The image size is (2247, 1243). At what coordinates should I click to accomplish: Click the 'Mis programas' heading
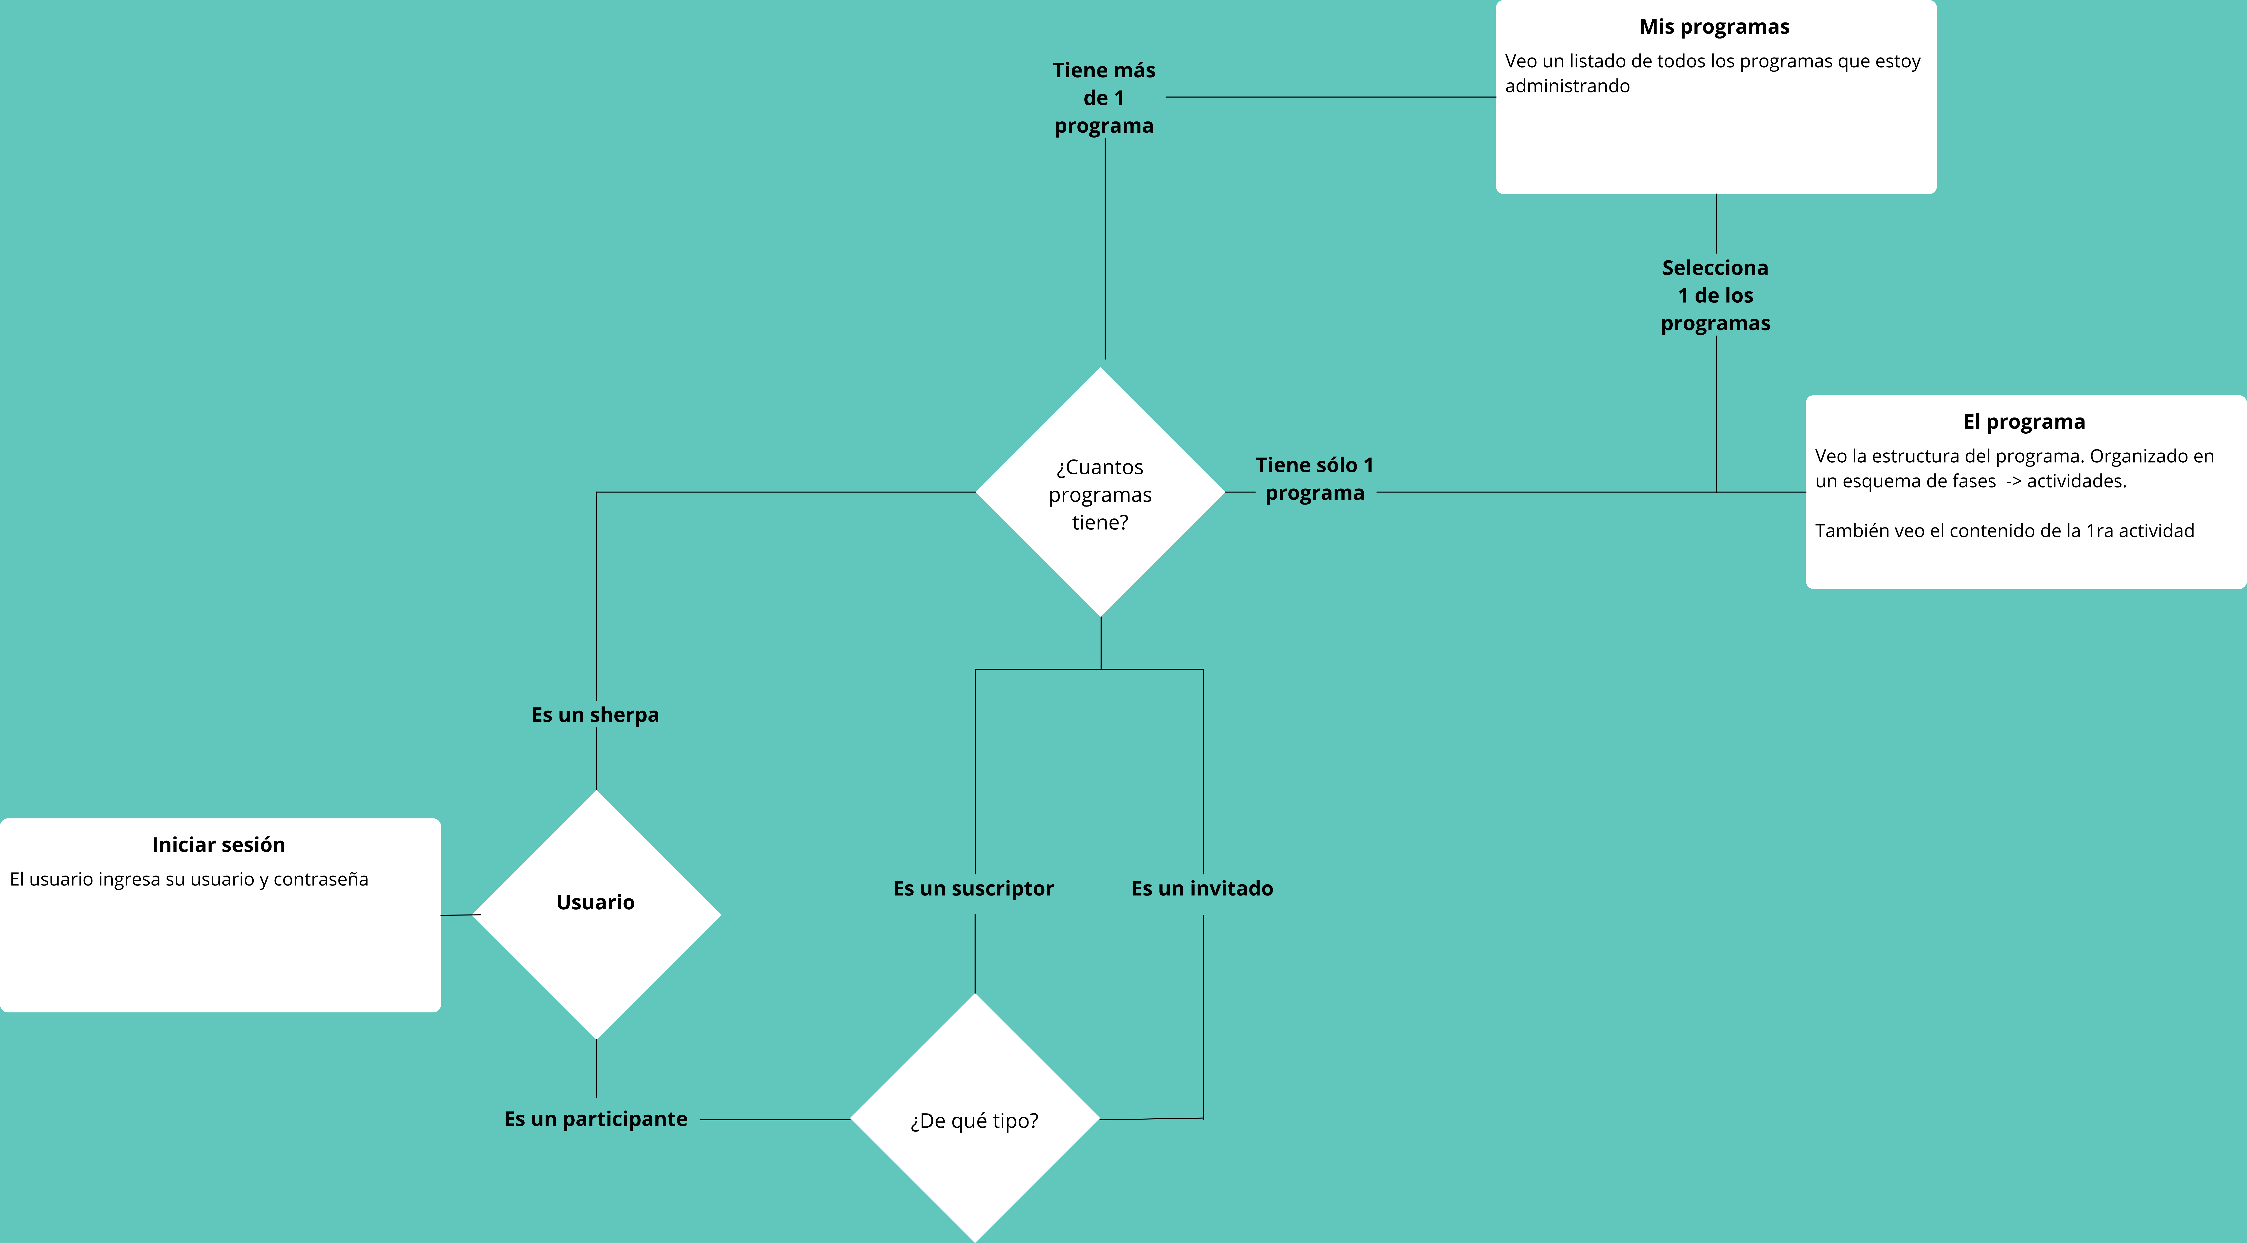point(1714,27)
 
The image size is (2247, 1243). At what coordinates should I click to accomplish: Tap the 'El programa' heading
point(2024,422)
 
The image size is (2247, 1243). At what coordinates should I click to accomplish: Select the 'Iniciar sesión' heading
point(218,844)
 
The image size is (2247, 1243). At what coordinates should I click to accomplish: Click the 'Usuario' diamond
point(597,914)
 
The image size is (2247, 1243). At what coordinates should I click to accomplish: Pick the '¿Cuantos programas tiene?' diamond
point(1101,492)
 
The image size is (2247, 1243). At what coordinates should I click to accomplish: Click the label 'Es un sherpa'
point(596,715)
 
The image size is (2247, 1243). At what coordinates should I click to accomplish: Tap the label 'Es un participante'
point(596,1119)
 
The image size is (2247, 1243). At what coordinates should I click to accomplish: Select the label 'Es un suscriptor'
point(973,889)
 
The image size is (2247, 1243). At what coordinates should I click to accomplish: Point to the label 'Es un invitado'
point(1202,889)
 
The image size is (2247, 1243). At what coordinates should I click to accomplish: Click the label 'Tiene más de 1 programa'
point(1104,98)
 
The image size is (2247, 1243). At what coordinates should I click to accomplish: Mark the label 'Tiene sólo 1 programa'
point(1315,479)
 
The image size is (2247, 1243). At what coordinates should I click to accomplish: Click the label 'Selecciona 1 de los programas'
point(1716,296)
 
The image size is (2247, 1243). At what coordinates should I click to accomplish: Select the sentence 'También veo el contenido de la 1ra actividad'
point(2005,531)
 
